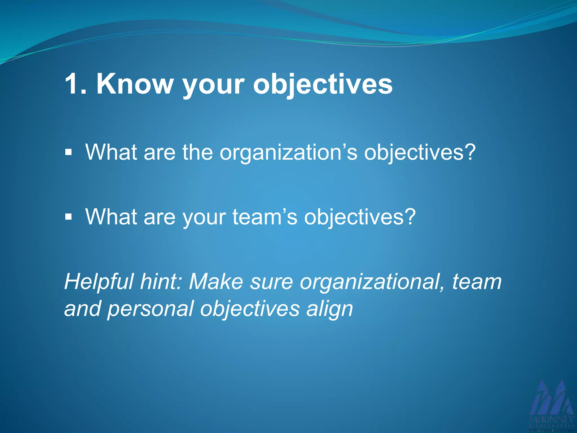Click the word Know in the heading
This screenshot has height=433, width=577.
tap(135, 84)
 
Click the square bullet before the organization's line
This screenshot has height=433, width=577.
tap(68, 153)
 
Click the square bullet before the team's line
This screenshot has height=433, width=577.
tap(68, 217)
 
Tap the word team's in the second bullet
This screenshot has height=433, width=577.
tap(265, 217)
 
